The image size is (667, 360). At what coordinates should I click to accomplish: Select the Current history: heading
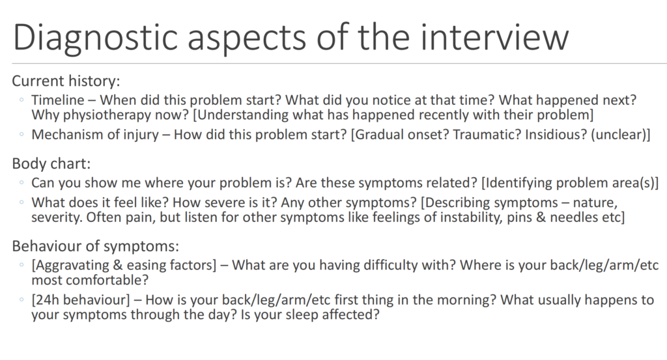[66, 81]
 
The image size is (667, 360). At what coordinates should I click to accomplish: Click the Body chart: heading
[51, 163]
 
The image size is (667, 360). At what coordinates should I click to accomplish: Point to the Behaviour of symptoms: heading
[96, 245]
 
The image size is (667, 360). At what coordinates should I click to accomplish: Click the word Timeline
[58, 100]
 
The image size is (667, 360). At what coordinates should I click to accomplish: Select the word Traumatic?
[487, 134]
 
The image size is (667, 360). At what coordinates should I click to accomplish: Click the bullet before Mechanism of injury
[21, 134]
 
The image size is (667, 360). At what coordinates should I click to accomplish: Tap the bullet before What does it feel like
[21, 202]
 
